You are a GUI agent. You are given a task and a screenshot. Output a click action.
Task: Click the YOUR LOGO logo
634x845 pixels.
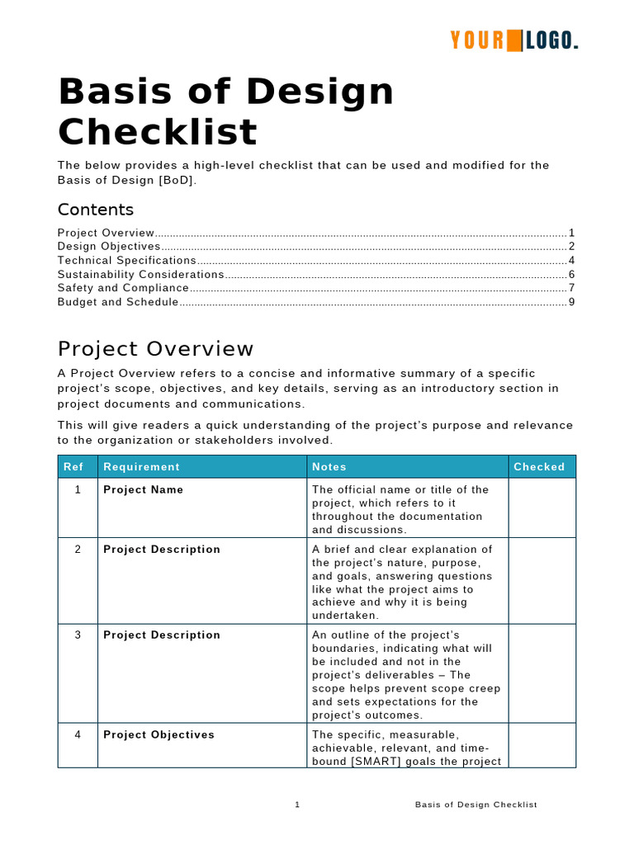(x=513, y=40)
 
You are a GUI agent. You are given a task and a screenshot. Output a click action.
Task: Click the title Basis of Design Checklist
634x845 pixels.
(x=226, y=111)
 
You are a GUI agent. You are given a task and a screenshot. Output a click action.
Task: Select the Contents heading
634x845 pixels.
(x=95, y=210)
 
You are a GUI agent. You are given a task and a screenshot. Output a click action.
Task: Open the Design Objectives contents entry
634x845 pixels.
(x=109, y=246)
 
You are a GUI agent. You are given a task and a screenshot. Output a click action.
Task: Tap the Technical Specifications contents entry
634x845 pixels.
(x=127, y=260)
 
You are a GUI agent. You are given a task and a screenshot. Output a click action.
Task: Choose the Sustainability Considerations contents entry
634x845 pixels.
(x=141, y=274)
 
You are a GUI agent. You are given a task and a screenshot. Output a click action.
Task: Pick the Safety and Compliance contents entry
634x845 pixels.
(x=123, y=288)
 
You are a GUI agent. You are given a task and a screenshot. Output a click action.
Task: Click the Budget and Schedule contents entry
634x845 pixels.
(x=118, y=302)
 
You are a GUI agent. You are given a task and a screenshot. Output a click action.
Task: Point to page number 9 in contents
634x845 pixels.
(x=571, y=302)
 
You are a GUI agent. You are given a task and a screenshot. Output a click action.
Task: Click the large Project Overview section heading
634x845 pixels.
(x=156, y=349)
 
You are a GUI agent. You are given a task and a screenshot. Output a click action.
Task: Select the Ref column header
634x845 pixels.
(x=73, y=467)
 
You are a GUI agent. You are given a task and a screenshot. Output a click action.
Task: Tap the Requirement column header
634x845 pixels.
(x=141, y=467)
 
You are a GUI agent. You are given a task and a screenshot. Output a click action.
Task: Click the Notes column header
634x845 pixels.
(x=329, y=467)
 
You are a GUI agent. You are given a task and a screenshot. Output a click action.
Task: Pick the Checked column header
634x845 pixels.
(x=539, y=467)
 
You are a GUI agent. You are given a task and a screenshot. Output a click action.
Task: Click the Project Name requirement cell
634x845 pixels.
(x=144, y=490)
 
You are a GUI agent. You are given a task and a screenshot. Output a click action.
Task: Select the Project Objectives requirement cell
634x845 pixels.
(x=158, y=735)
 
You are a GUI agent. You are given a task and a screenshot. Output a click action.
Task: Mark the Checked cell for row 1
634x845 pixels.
(x=542, y=508)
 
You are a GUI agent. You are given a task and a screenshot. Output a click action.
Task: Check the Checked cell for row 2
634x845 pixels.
(x=542, y=581)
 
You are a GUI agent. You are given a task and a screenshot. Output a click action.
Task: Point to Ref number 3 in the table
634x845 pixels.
(x=78, y=635)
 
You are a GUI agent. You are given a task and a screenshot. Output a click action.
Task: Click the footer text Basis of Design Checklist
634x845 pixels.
(x=475, y=805)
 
